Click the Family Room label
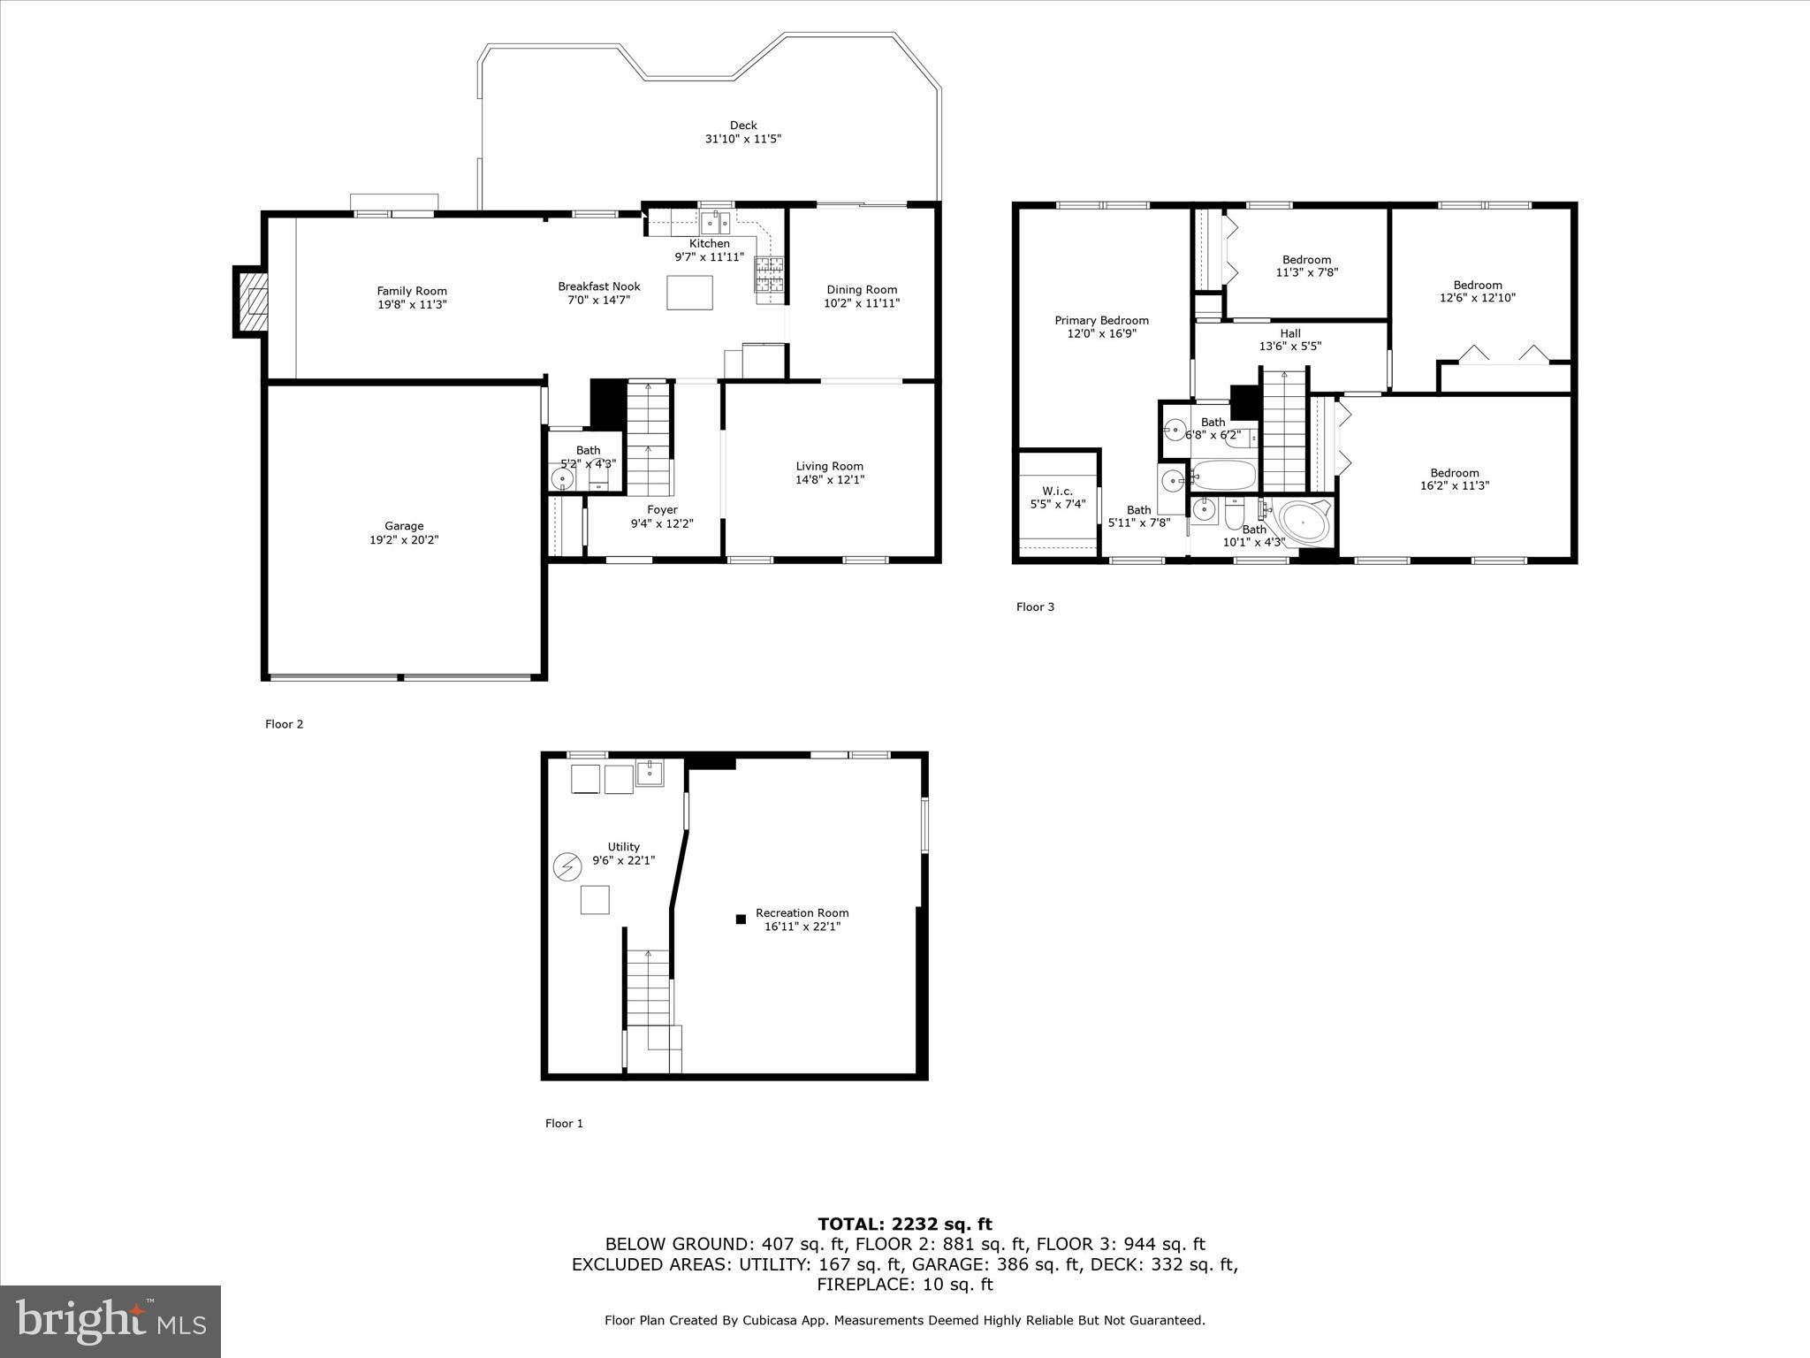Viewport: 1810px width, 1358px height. coord(412,291)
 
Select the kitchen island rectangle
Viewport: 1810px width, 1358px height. coord(690,293)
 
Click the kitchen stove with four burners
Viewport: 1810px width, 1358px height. coord(769,274)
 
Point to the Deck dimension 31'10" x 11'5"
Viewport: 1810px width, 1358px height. coord(742,139)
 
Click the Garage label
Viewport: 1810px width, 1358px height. coord(404,526)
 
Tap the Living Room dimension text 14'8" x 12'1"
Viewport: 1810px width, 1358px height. coord(829,480)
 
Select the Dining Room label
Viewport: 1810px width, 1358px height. coord(862,289)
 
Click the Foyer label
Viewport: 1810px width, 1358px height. coord(662,509)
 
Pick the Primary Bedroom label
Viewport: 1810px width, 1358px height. coord(1101,320)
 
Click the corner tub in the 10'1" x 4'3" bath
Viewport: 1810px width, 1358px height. coord(1304,525)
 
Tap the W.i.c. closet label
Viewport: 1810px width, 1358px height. coord(1057,491)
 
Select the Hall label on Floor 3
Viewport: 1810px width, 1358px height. coord(1289,333)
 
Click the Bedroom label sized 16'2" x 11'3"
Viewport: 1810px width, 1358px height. coord(1454,472)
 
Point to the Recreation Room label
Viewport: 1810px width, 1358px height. coord(802,912)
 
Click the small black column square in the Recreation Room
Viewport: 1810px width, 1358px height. coord(741,919)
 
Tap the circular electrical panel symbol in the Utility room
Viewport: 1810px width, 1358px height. coord(566,866)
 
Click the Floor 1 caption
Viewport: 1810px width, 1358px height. coord(564,1124)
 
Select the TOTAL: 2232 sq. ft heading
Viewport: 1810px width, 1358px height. coord(904,1224)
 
